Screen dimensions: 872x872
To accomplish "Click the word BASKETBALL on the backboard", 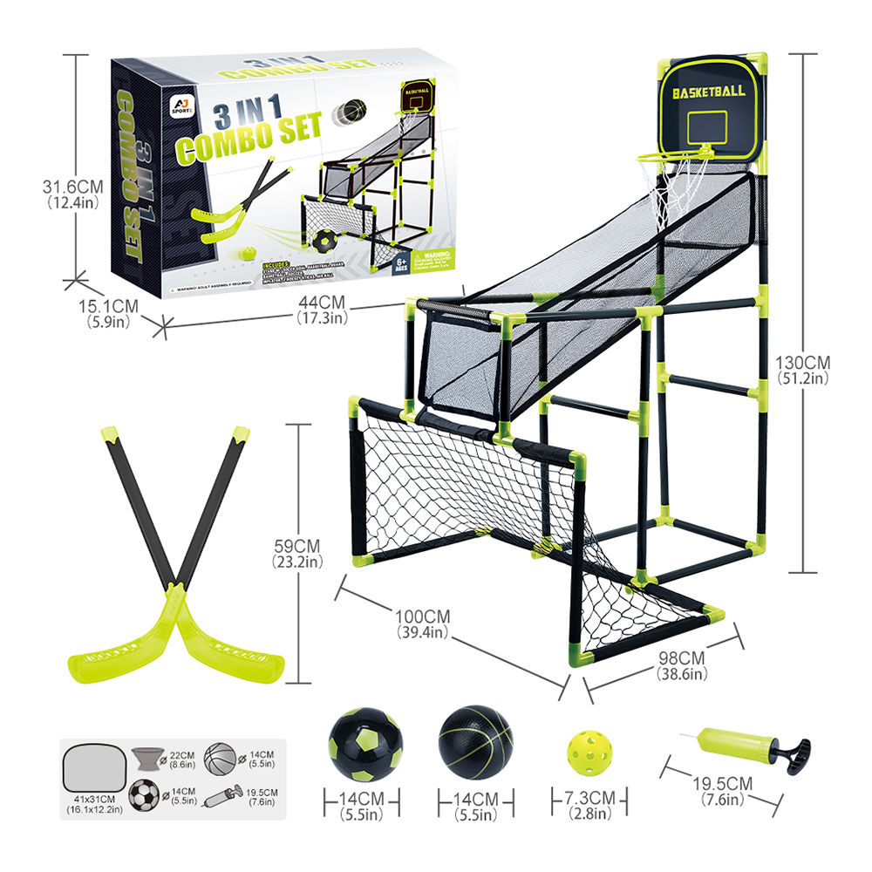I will click(x=708, y=91).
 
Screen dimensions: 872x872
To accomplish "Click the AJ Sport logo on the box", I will click(x=177, y=107).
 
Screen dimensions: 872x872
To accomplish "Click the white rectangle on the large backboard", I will click(x=709, y=127).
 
